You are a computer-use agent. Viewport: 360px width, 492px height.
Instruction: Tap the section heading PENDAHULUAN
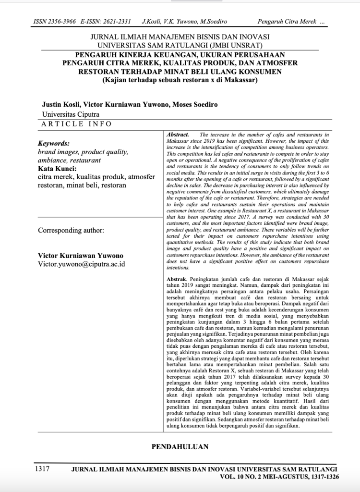point(180,446)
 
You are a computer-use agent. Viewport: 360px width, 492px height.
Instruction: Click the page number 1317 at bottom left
point(42,469)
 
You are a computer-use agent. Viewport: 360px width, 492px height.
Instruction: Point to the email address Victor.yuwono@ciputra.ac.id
point(82,264)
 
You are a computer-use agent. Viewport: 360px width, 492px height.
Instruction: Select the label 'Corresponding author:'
point(71,230)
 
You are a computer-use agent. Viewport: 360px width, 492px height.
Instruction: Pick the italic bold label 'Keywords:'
point(54,143)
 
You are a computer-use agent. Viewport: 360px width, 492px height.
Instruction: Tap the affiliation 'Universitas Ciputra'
point(71,114)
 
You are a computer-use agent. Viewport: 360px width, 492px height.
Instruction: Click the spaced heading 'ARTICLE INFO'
point(77,124)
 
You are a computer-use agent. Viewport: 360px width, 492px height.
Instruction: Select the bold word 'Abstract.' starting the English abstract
point(177,135)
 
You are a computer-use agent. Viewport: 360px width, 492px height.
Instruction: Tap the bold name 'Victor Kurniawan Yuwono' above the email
point(80,255)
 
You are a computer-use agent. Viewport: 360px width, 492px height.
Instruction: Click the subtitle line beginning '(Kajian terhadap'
point(180,80)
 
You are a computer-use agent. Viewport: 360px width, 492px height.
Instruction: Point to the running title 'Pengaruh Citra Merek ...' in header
point(291,22)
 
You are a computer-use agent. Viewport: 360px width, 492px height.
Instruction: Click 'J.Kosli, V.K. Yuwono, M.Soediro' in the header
point(184,22)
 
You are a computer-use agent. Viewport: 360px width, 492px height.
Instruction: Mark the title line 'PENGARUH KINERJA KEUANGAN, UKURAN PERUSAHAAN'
point(180,54)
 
